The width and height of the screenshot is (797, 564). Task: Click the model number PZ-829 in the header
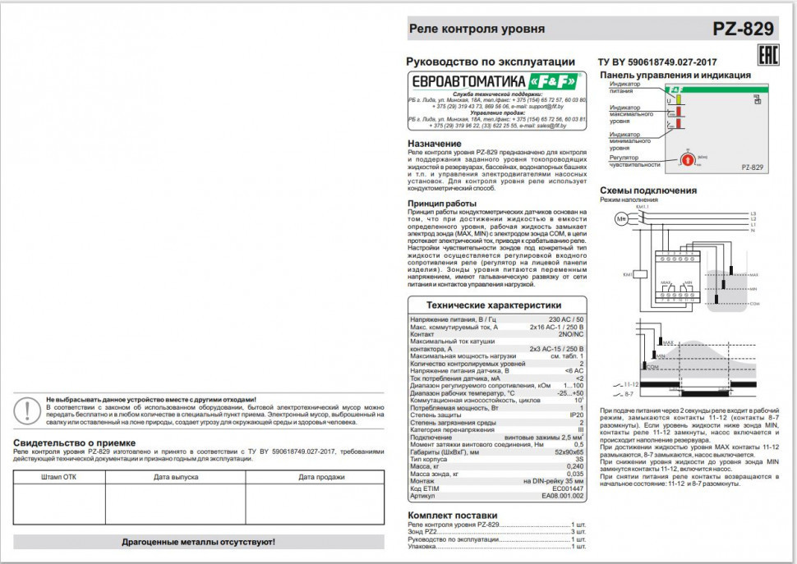(743, 30)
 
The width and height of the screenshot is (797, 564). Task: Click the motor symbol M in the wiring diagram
(621, 218)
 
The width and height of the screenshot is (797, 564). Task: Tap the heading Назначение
(435, 144)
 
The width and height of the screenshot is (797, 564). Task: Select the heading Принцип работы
(442, 203)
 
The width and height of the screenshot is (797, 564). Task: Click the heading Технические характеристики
(498, 304)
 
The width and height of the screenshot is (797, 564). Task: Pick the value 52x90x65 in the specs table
(566, 452)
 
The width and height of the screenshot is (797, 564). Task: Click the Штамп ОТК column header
(63, 476)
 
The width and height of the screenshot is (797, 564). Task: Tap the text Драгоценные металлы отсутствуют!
(198, 542)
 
